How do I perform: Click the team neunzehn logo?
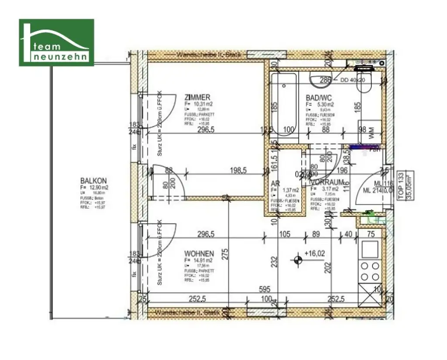tap(56, 43)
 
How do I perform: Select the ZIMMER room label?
tap(197, 97)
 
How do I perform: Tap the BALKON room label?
tap(93, 181)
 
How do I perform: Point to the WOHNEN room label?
tap(199, 254)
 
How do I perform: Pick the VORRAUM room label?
tap(328, 182)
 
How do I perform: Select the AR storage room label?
tap(275, 183)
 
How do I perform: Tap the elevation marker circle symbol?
tap(298, 261)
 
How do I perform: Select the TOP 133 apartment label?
tap(401, 184)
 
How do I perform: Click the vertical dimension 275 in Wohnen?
tap(225, 254)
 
